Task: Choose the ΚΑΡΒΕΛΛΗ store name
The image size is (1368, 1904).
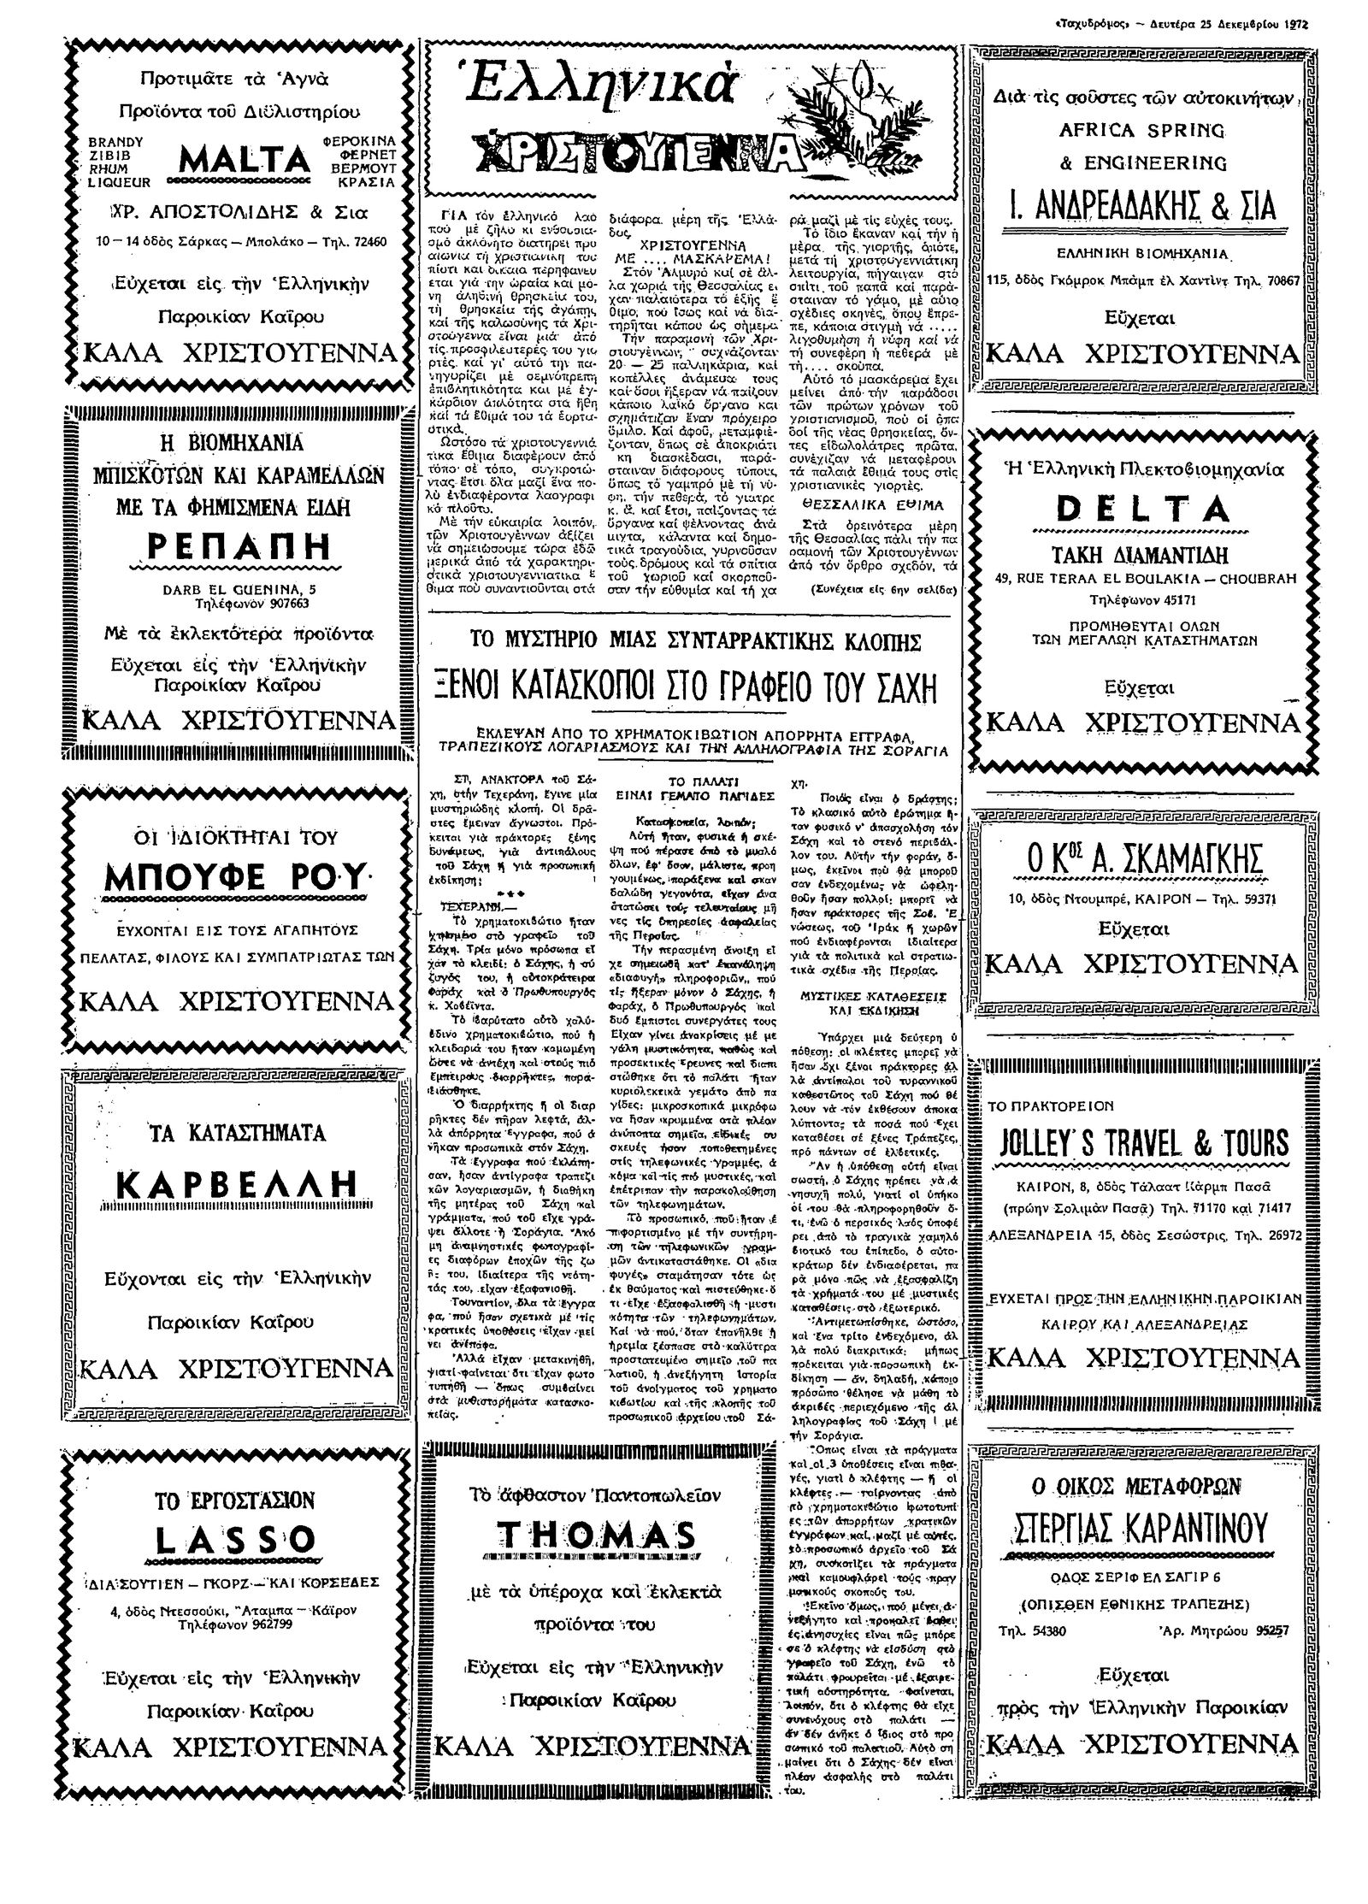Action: pyautogui.click(x=233, y=1183)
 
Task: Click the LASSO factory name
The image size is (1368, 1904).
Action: pyautogui.click(x=234, y=1539)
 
